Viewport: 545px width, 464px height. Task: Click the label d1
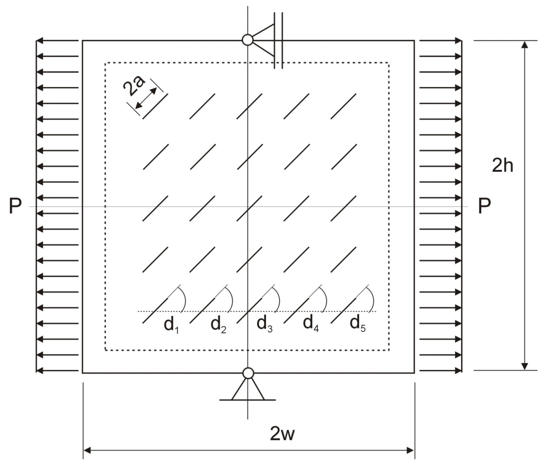[x=171, y=325]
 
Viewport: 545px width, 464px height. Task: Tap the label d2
[x=218, y=325]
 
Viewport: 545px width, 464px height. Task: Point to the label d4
[x=311, y=325]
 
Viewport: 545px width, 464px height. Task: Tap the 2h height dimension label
[x=502, y=166]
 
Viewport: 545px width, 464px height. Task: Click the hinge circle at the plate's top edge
[x=247, y=40]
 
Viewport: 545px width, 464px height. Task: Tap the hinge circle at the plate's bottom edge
[x=248, y=373]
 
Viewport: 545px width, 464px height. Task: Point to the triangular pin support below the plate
[x=248, y=389]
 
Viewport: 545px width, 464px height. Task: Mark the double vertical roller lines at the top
[x=278, y=40]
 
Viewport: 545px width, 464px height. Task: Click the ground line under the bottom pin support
[x=248, y=400]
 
